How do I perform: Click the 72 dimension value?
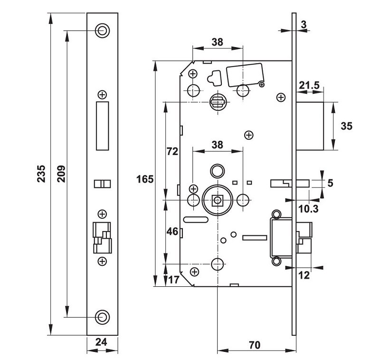click(x=172, y=152)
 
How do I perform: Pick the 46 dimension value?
click(x=172, y=232)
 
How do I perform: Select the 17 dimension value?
click(x=173, y=280)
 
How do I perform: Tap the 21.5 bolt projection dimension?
click(x=309, y=86)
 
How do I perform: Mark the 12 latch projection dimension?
click(x=304, y=275)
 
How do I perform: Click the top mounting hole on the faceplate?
click(x=102, y=30)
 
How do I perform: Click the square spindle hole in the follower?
click(x=218, y=200)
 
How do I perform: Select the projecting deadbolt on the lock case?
click(x=311, y=126)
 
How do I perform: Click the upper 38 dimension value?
click(x=217, y=42)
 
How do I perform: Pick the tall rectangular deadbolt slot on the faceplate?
click(x=102, y=126)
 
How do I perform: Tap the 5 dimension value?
click(x=331, y=183)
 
